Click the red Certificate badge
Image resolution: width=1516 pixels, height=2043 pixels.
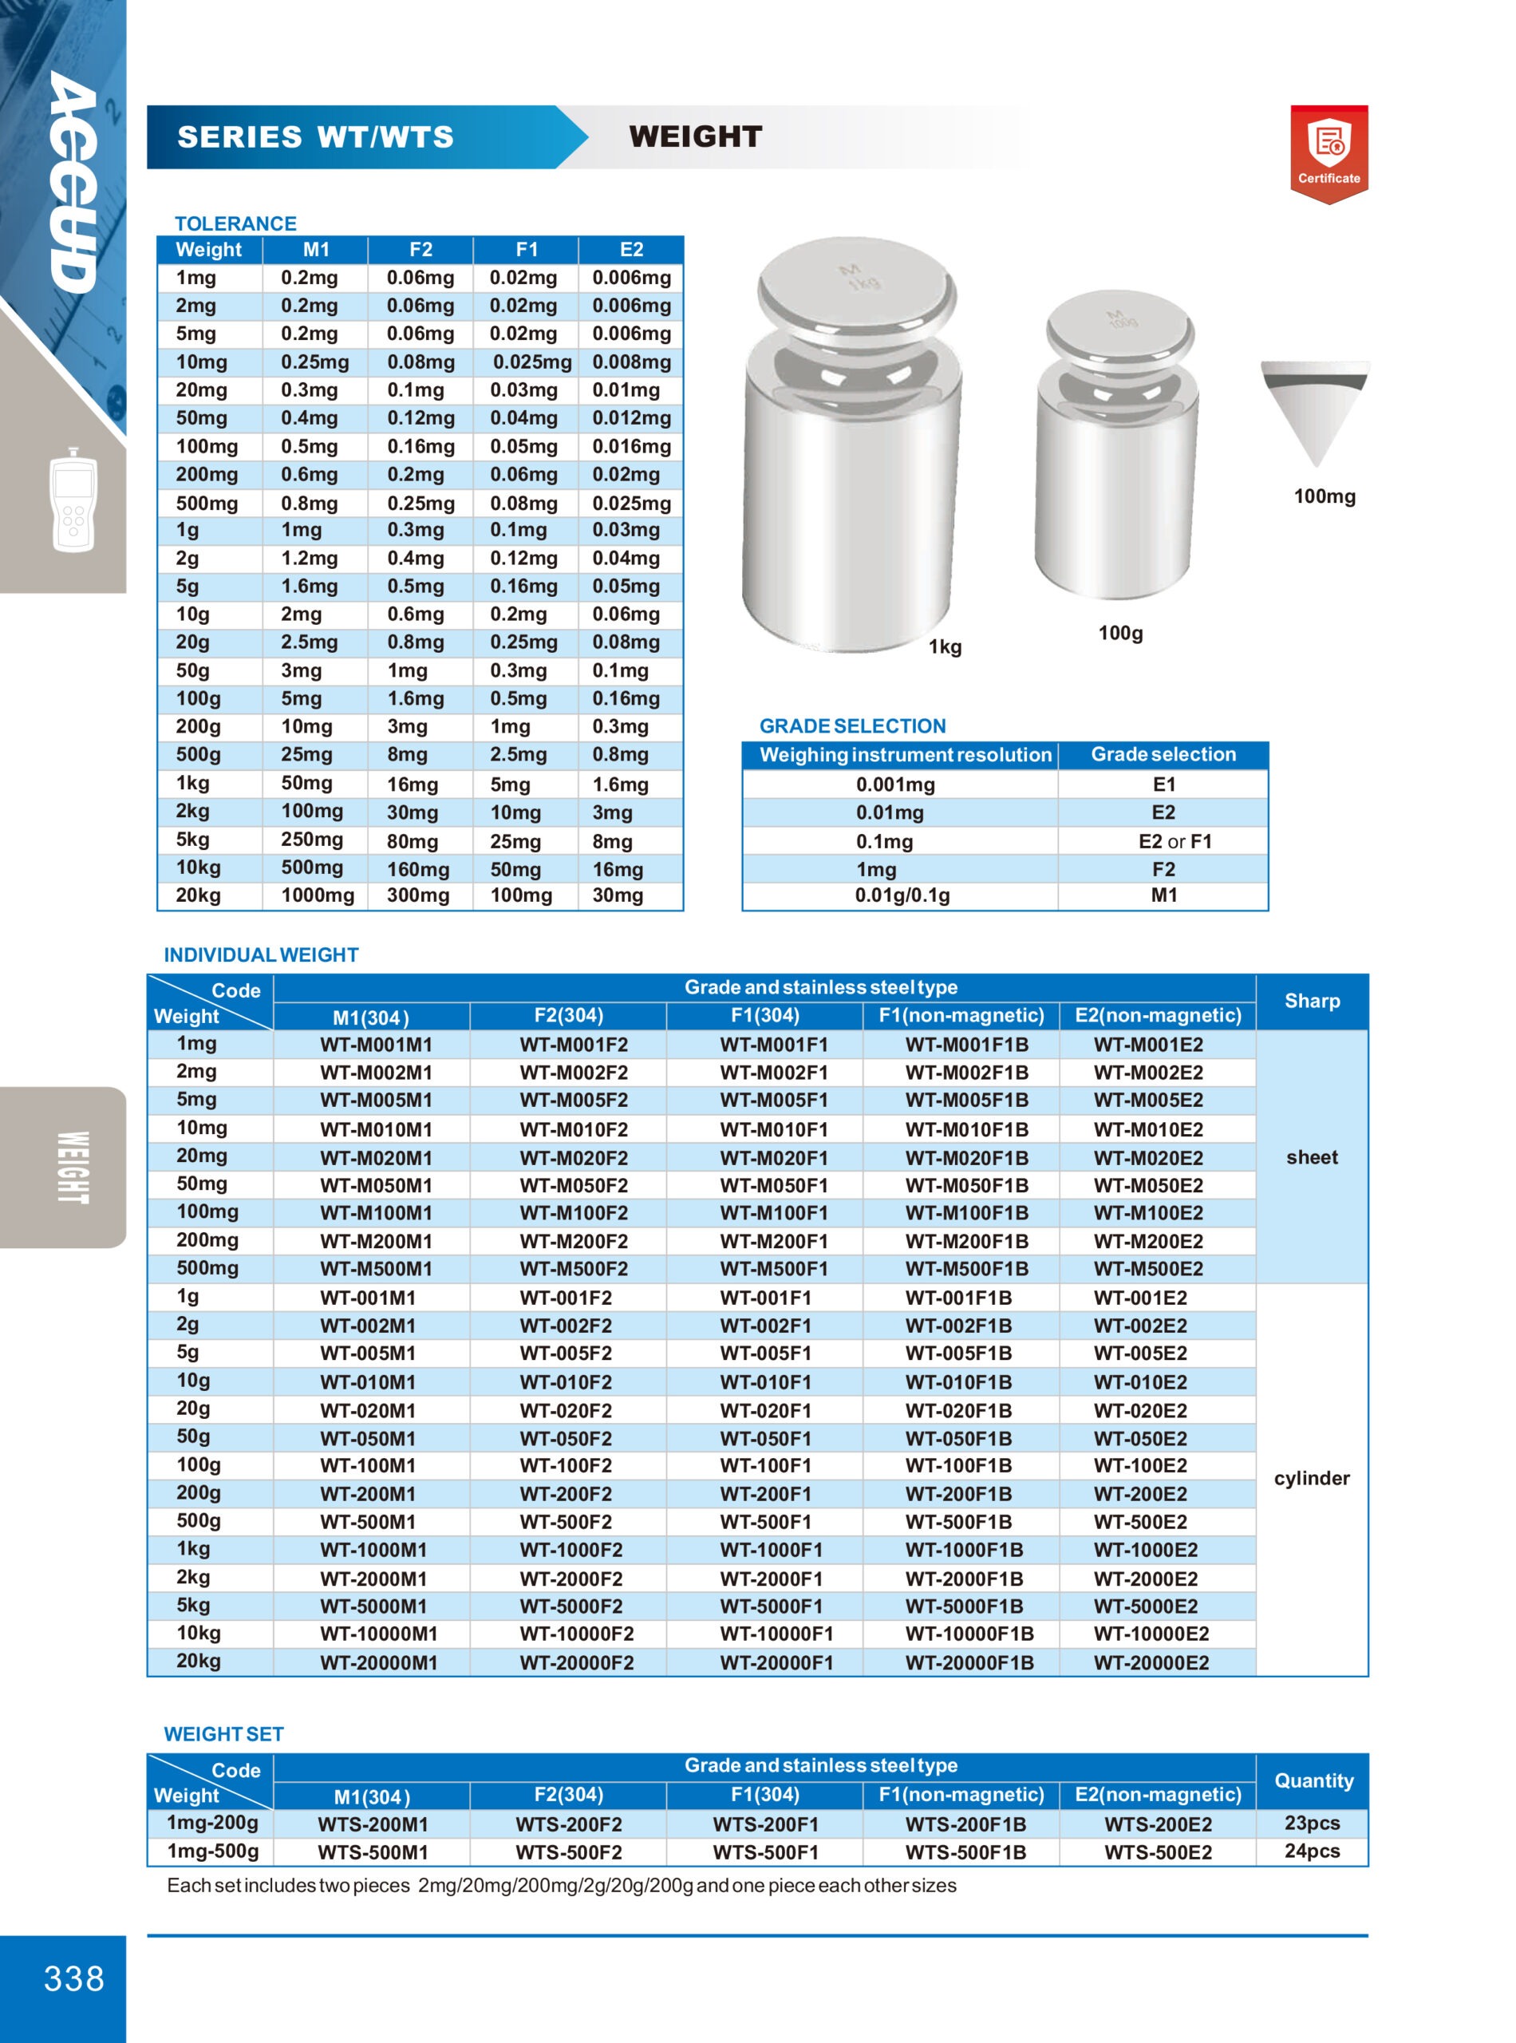[x=1328, y=152]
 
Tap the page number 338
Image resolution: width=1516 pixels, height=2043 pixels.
[x=73, y=1978]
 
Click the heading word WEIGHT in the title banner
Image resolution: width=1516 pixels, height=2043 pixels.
[x=695, y=136]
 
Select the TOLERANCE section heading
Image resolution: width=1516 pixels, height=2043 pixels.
[x=235, y=223]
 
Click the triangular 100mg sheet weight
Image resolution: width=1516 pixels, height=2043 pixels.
[x=1314, y=409]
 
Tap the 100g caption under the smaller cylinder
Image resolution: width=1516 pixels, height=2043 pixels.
[x=1119, y=632]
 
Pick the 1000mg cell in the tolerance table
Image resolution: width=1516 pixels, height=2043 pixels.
[x=317, y=895]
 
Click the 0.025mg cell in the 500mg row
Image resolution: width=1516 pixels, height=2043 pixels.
[x=630, y=503]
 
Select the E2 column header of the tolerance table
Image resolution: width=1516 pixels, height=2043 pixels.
[x=630, y=250]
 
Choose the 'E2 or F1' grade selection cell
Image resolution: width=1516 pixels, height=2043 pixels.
[x=1174, y=840]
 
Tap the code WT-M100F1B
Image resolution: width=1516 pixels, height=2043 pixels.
[x=966, y=1212]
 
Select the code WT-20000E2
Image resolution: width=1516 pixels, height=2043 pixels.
[x=1151, y=1662]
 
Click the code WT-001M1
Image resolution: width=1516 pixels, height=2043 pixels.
[x=367, y=1298]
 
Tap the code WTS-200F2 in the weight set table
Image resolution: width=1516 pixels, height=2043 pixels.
[x=568, y=1824]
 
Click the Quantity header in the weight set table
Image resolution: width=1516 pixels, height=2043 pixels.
[x=1313, y=1780]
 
